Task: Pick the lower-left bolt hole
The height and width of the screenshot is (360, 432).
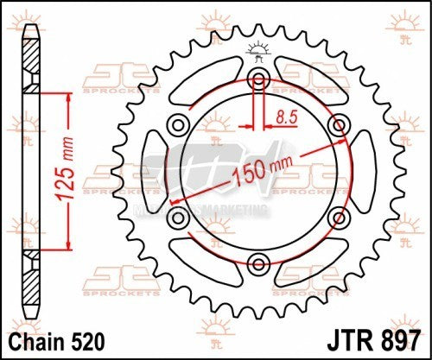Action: (x=178, y=216)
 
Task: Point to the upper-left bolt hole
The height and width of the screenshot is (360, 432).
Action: (x=179, y=124)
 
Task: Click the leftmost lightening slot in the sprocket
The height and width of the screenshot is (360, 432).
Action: (x=156, y=170)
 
